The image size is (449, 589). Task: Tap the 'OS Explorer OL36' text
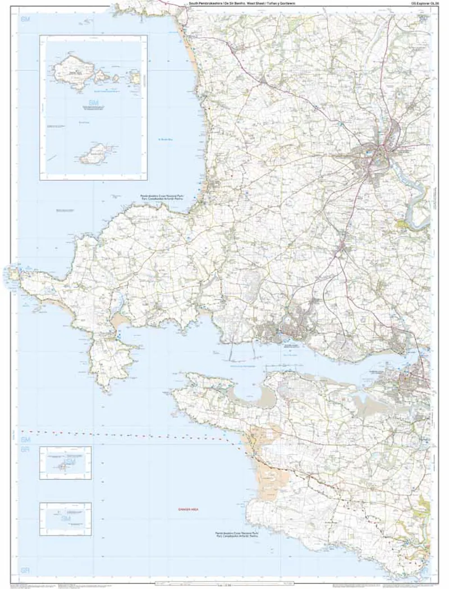point(425,3)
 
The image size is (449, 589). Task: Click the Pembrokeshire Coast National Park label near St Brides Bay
point(170,197)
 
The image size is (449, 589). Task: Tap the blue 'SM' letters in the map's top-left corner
point(25,20)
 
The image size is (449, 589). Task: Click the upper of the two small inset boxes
point(65,463)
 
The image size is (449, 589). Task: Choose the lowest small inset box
point(65,519)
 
